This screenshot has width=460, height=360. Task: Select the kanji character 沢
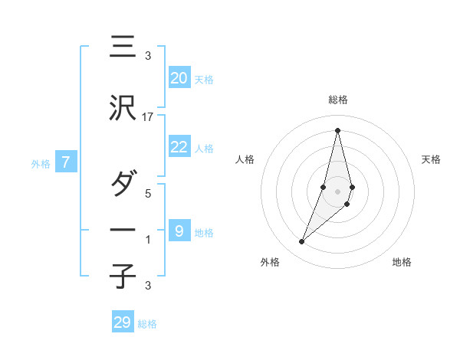[123, 110]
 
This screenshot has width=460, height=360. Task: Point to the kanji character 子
[123, 277]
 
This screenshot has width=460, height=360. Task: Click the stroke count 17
[148, 116]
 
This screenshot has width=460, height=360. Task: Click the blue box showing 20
[179, 78]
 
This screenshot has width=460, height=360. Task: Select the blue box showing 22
[179, 147]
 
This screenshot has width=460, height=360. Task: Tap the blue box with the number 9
[179, 231]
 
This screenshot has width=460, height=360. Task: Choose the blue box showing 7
[66, 162]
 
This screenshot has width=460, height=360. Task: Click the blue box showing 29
[123, 322]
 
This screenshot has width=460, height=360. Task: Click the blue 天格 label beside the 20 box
[203, 80]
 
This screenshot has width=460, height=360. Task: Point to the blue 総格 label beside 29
[147, 324]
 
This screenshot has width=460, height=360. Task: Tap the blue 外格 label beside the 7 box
[41, 164]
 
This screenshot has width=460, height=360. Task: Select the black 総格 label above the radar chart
[337, 100]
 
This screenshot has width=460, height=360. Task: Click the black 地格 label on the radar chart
[402, 262]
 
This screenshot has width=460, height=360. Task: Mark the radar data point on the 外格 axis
[301, 242]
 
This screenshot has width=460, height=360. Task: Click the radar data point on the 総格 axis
[337, 130]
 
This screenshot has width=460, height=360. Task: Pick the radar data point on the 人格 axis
[324, 187]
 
